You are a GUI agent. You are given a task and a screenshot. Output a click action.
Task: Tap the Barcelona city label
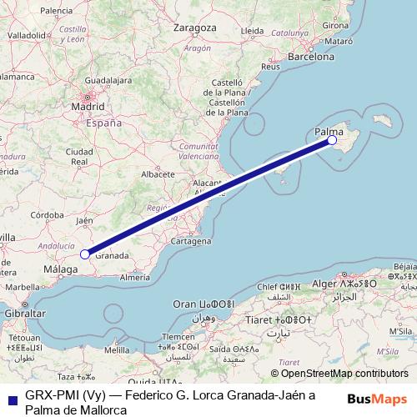pyautogui.click(x=310, y=56)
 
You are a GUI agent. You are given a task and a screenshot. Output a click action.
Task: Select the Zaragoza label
pyautogui.click(x=193, y=28)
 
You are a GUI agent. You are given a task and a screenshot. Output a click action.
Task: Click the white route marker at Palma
pyautogui.click(x=332, y=140)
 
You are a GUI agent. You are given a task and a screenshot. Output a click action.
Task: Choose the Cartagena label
pyautogui.click(x=191, y=241)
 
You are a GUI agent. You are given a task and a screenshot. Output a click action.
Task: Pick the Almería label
pyautogui.click(x=134, y=276)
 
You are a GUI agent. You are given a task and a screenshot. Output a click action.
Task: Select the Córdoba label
pyautogui.click(x=47, y=214)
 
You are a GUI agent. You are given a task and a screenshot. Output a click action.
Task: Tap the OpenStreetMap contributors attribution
pyautogui.click(x=339, y=374)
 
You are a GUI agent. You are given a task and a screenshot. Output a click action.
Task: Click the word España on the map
pyautogui.click(x=105, y=123)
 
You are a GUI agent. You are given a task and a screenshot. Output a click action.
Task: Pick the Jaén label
pyautogui.click(x=84, y=221)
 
